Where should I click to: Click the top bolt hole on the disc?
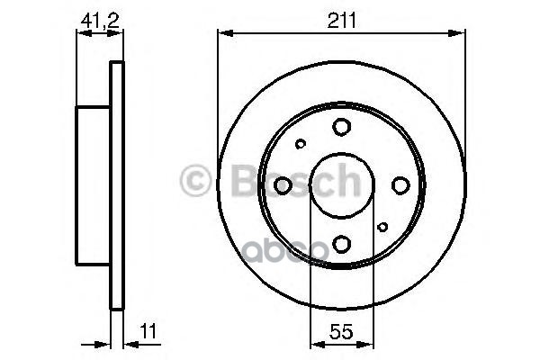pos(342,127)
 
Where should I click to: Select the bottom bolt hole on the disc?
pos(342,243)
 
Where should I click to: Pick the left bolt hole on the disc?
pos(283,185)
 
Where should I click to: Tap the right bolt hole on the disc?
pos(400,185)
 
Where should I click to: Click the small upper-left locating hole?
pos(301,143)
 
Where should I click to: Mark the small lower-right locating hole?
pos(382,227)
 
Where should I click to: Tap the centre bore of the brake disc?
pos(342,185)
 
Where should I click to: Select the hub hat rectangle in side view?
pos(94,185)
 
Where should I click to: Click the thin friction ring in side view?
pos(115,185)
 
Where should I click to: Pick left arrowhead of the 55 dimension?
pos(314,343)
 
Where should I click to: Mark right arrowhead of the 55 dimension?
pos(369,343)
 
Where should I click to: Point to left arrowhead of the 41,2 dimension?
pos(81,34)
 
